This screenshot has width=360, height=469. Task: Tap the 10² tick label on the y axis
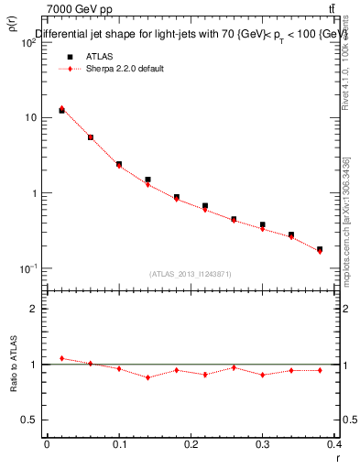pos(28,43)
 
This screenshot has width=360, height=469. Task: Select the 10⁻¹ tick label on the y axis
pos(28,269)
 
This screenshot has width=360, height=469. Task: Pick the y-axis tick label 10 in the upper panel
pos(31,118)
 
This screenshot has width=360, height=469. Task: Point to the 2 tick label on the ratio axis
pos(34,309)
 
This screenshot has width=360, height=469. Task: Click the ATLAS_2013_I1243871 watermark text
pos(191,274)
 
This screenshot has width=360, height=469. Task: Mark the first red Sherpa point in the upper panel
pos(61,108)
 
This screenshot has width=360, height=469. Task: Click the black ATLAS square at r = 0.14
pos(147,180)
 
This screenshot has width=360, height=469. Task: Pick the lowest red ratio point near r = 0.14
pos(147,377)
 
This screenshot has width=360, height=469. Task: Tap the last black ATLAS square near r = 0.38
pos(320,249)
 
